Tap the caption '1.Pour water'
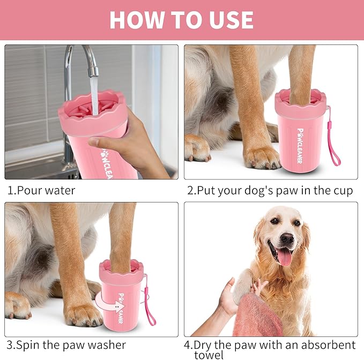coord(41,190)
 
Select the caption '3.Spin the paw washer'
coord(66,344)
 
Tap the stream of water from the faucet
coord(94,94)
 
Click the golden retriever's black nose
coord(287,238)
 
